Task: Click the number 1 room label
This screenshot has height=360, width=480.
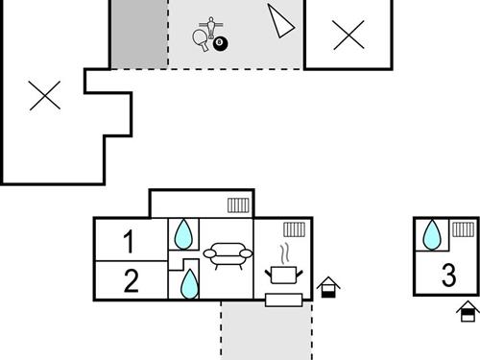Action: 131,241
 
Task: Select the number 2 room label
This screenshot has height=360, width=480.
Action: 132,280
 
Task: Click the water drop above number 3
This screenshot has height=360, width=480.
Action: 433,233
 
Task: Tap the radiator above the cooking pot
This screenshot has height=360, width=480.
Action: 295,229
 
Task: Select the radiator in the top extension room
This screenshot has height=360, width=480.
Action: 239,204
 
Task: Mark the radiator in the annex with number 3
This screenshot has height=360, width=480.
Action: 464,229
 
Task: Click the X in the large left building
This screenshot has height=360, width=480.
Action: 44,95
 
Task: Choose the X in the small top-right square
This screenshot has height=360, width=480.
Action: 348,36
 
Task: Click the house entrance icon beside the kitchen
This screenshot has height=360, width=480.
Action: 329,287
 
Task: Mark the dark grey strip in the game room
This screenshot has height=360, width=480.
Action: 139,35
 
